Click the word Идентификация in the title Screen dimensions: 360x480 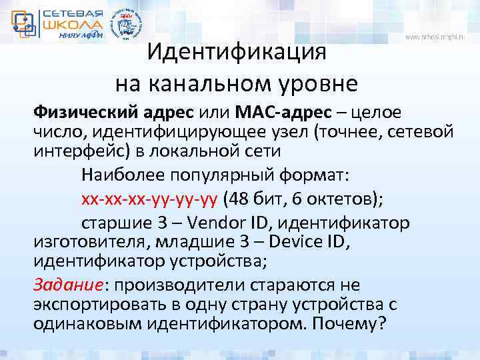click(x=237, y=52)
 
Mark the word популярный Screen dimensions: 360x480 click(x=220, y=175)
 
